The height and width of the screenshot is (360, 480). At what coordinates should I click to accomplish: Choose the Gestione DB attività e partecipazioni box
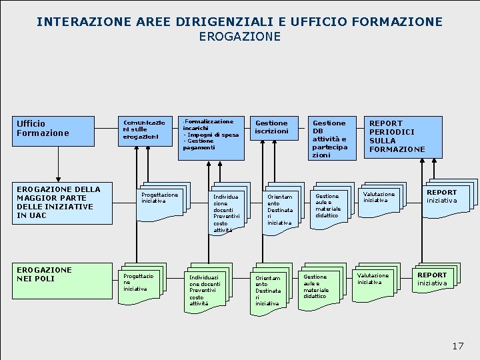(331, 138)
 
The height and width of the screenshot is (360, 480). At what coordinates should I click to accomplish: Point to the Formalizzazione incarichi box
(211, 136)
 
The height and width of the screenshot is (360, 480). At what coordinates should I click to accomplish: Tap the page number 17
(457, 345)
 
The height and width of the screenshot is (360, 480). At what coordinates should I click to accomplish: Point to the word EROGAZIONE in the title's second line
(239, 37)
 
